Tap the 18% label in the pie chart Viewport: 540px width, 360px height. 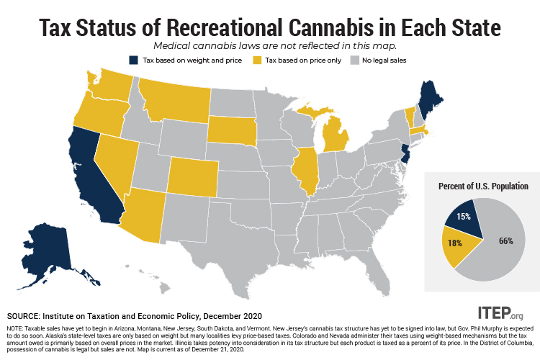(454, 243)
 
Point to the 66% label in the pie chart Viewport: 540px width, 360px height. (506, 240)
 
